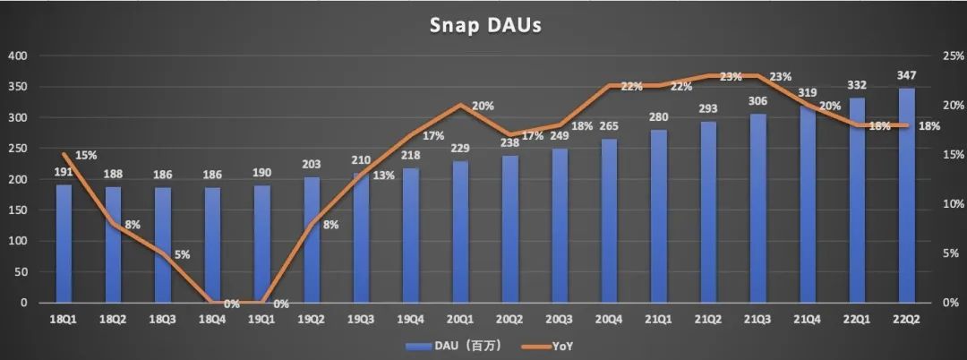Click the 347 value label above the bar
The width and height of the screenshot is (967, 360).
(x=907, y=74)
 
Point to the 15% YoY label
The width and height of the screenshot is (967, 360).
(x=86, y=154)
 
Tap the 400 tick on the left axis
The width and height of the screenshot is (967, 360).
(x=18, y=56)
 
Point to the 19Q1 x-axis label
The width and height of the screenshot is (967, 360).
(x=261, y=319)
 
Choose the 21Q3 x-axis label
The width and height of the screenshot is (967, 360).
(x=757, y=319)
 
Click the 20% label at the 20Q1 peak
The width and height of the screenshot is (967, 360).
(x=483, y=106)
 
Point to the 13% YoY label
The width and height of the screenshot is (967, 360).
(x=384, y=175)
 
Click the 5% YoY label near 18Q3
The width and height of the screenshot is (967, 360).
(x=182, y=254)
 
